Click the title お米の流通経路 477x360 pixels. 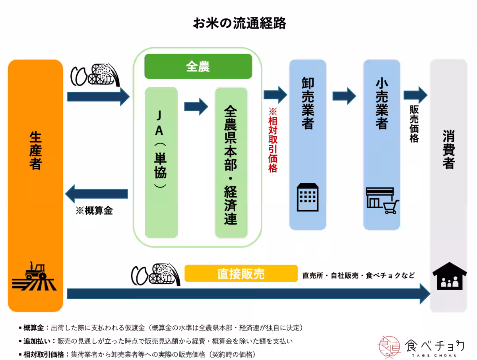click(239, 23)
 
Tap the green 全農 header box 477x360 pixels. click(198, 66)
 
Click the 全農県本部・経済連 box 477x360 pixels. click(231, 163)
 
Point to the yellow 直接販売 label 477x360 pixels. click(241, 274)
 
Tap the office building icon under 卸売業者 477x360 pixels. click(308, 197)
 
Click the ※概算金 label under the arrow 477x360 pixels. click(94, 211)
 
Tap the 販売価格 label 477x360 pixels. click(414, 124)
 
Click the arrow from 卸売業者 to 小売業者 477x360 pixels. click(344, 96)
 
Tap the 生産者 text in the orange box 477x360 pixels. click(35, 151)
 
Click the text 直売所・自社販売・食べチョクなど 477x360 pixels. click(358, 275)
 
